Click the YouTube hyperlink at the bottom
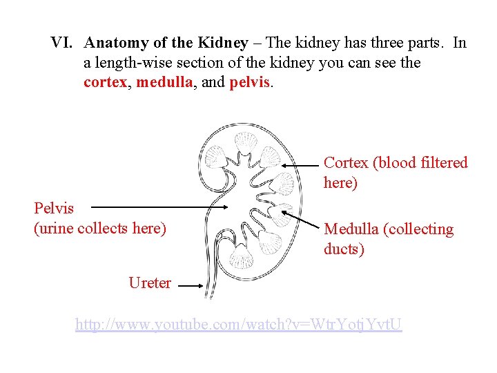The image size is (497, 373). [x=238, y=323]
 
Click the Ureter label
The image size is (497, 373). [x=150, y=283]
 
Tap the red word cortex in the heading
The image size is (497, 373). [x=105, y=82]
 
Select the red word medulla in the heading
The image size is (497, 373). [x=165, y=82]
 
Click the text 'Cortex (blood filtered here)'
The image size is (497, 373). [x=395, y=173]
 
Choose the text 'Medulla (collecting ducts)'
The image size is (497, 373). [x=389, y=238]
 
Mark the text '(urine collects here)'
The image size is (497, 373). [x=100, y=228]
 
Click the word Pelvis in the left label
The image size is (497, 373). [x=54, y=207]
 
